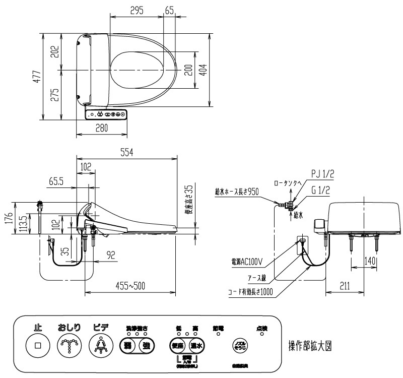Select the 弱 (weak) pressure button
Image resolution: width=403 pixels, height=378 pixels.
click(x=128, y=346)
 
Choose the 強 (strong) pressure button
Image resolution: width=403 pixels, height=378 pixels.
click(x=146, y=346)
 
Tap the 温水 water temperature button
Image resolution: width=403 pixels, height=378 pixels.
click(x=196, y=346)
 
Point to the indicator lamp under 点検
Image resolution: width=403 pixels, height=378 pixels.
click(x=261, y=334)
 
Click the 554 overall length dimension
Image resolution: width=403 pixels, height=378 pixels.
click(x=126, y=153)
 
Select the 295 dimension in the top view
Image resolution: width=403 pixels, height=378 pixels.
click(x=136, y=11)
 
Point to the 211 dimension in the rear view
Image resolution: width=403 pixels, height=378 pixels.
click(x=344, y=286)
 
